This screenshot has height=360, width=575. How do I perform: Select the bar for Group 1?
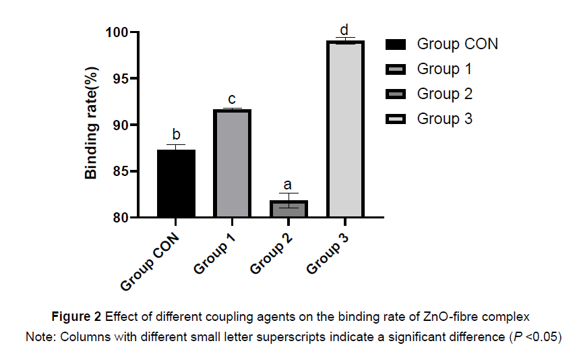click(232, 163)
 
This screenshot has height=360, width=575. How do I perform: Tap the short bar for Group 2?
click(289, 209)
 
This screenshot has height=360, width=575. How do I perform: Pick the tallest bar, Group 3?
click(345, 129)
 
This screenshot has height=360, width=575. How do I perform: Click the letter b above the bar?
click(176, 134)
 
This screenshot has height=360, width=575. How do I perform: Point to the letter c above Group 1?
click(232, 98)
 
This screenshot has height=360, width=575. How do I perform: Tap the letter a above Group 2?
click(289, 184)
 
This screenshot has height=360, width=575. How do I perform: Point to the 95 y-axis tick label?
click(121, 79)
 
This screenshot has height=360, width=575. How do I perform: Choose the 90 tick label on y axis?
click(121, 125)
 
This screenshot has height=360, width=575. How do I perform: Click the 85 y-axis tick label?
click(121, 171)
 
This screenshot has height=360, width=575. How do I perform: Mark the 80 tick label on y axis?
click(121, 218)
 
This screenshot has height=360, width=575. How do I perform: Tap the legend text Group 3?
click(444, 119)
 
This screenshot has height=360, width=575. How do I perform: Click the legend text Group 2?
click(444, 94)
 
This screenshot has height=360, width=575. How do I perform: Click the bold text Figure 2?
click(77, 316)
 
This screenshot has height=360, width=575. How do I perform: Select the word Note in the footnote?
click(38, 336)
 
